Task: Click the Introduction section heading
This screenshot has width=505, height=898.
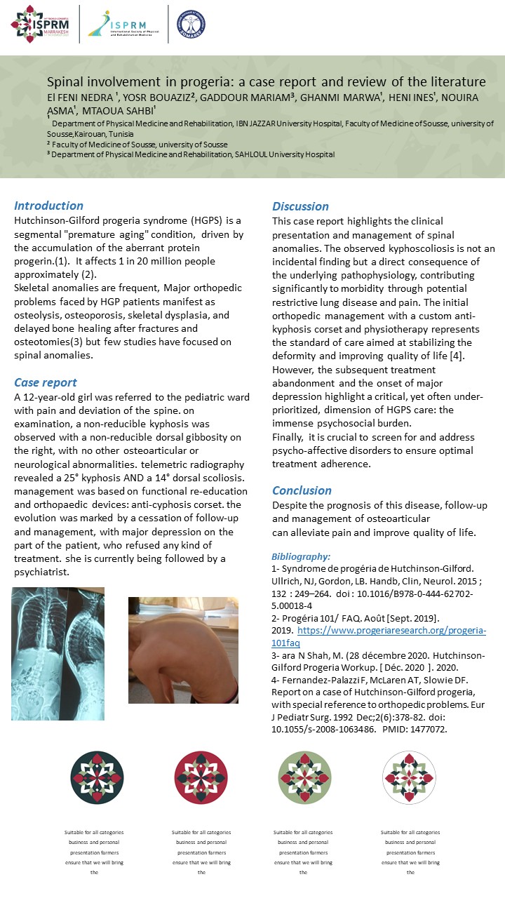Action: coord(48,206)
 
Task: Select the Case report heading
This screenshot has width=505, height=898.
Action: coord(46,383)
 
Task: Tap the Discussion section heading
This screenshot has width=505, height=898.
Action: coord(300,206)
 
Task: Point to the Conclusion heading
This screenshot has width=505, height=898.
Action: coord(302,490)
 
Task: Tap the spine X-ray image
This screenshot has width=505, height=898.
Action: coord(58,653)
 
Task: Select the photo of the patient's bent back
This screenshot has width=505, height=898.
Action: coord(183,650)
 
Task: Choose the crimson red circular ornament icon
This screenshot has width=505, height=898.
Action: coord(200,777)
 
